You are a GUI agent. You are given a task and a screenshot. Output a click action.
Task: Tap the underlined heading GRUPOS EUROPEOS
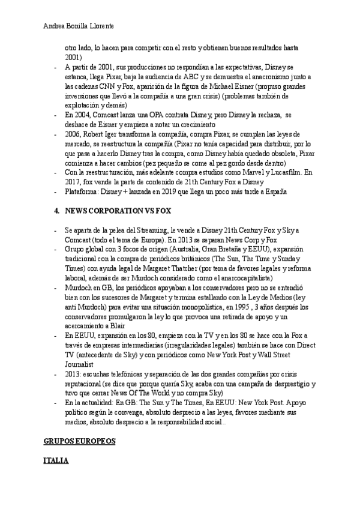click(x=79, y=441)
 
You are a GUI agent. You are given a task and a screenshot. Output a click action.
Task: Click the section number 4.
click(x=56, y=212)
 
